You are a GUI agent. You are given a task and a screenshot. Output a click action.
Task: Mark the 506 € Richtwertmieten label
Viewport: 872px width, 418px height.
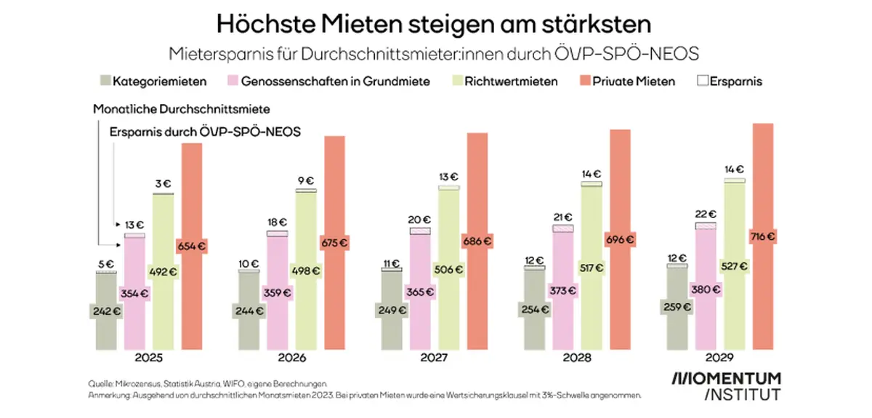[x=449, y=270]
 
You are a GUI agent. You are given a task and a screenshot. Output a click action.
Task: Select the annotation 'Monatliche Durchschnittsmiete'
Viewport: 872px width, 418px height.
[x=182, y=109]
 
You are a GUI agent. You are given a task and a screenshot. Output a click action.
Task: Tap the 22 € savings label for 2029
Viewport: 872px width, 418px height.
[x=706, y=214]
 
